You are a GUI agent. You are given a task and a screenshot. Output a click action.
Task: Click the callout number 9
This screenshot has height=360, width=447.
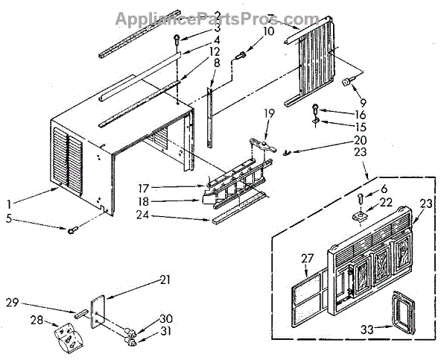pos(364,101)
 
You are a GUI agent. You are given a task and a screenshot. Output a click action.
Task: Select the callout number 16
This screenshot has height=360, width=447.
pos(340,115)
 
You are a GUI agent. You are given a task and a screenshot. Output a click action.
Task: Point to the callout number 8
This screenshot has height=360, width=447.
pos(216,64)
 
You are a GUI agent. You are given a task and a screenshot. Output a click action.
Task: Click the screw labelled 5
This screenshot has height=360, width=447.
pos(72,230)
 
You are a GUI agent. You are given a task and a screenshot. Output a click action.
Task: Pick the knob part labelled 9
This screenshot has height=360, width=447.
pos(346,82)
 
